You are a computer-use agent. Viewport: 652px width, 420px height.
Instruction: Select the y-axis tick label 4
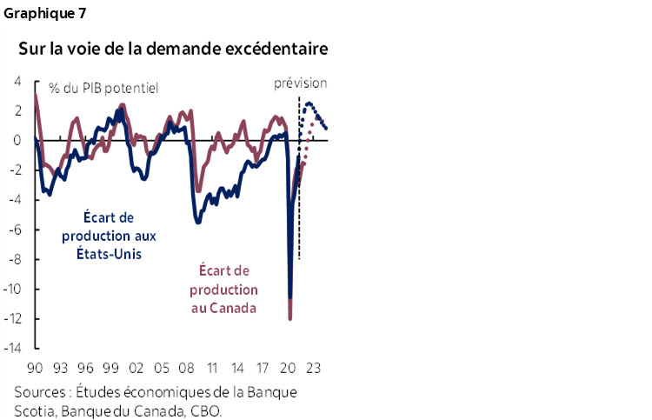(x=19, y=81)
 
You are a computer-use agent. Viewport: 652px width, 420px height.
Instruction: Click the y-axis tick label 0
(x=19, y=140)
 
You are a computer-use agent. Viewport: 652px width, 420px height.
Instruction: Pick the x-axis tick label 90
(x=36, y=366)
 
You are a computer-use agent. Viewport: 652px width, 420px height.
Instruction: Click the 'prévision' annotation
(x=301, y=83)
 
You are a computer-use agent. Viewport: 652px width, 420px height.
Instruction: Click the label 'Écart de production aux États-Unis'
(x=102, y=236)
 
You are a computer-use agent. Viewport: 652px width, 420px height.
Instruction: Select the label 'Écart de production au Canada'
(x=224, y=290)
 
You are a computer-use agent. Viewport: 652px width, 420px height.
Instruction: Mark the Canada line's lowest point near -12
(x=290, y=318)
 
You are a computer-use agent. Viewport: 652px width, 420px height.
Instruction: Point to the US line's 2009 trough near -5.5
(x=198, y=222)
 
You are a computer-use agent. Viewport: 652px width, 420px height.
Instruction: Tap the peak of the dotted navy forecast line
(x=309, y=103)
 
